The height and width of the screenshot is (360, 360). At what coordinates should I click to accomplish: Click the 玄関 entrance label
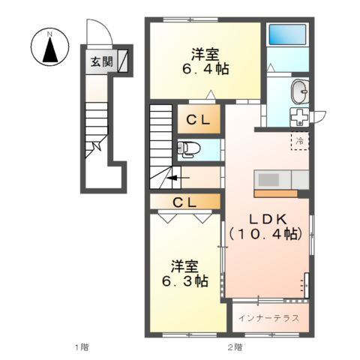[x=102, y=61]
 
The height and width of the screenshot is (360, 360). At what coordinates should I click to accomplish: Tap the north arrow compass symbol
[x=50, y=47]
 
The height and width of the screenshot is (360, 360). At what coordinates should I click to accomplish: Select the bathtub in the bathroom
[x=287, y=34]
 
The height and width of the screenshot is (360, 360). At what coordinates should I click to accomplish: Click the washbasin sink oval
[x=300, y=91]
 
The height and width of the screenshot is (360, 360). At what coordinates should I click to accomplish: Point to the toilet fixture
[x=188, y=149]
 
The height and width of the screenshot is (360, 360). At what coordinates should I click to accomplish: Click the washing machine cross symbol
[x=299, y=117]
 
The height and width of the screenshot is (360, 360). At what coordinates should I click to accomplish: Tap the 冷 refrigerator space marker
[x=300, y=141]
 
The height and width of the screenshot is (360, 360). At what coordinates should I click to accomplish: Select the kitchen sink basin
[x=268, y=179]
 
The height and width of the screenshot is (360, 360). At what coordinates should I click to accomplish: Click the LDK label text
[x=268, y=219]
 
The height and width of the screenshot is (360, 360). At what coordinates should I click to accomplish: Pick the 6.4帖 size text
[x=205, y=69]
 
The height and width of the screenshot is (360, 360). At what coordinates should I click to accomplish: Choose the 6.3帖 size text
[x=184, y=281]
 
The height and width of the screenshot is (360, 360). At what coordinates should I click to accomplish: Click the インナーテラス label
[x=268, y=318]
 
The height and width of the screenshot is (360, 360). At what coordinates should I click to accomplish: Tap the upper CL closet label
[x=198, y=121]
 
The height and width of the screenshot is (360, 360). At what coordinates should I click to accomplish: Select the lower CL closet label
[x=184, y=202]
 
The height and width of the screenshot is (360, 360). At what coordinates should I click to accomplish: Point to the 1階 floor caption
[x=82, y=347]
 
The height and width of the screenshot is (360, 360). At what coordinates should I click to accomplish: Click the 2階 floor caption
[x=235, y=347]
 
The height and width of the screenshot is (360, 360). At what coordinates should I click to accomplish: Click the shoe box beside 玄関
[x=122, y=61]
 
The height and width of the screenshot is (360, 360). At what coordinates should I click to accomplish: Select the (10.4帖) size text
[x=266, y=234]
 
